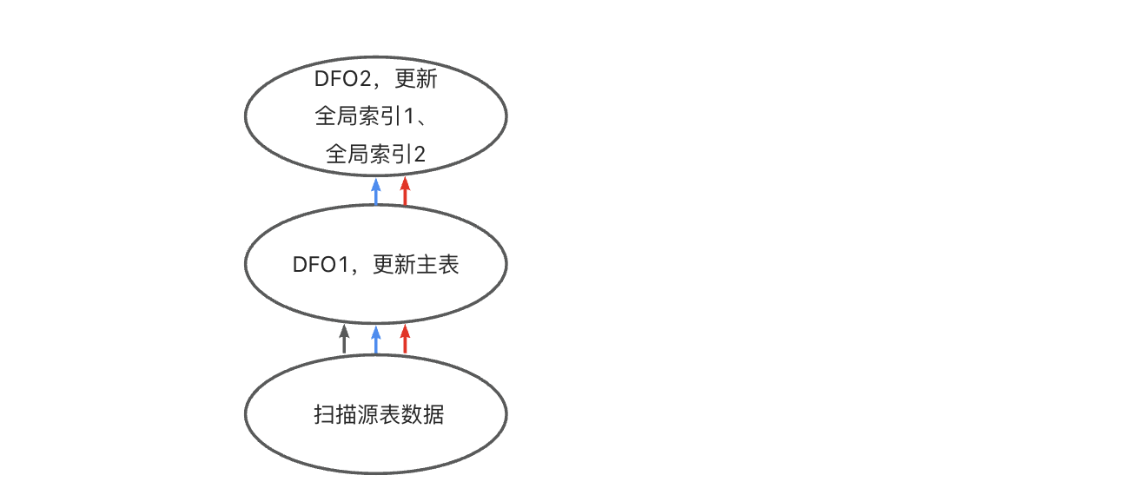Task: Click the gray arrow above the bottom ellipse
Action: [x=345, y=340]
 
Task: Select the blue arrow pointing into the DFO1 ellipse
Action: [x=376, y=340]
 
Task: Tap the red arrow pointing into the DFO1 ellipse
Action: [x=405, y=340]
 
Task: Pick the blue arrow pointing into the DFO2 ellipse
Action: [x=376, y=191]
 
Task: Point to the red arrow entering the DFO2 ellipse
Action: [x=405, y=191]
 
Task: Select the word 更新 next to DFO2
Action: [x=415, y=81]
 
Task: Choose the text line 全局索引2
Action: [x=376, y=155]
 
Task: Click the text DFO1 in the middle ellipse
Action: [x=320, y=265]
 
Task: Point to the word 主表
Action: [x=437, y=265]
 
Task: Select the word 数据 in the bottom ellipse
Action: [x=422, y=415]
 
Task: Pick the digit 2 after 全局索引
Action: [x=420, y=155]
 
